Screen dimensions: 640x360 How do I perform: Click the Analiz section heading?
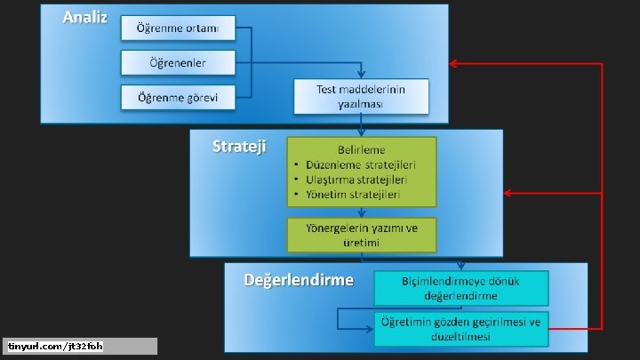[84, 19]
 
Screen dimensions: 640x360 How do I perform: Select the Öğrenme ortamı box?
[179, 28]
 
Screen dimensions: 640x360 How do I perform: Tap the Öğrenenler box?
[179, 62]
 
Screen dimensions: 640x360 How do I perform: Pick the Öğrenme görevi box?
[179, 96]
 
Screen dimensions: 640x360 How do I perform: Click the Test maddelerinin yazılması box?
[361, 96]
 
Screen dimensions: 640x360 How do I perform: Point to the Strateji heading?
[238, 146]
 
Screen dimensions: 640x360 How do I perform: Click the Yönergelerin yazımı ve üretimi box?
[361, 235]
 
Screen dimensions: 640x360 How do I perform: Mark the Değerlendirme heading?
[299, 280]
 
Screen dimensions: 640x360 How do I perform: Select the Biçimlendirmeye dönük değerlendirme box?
[460, 288]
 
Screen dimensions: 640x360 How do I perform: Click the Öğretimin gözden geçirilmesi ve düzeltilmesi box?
[460, 328]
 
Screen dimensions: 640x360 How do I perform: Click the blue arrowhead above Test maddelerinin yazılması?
[361, 75]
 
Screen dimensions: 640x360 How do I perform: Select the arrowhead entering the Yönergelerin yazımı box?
[361, 213]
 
